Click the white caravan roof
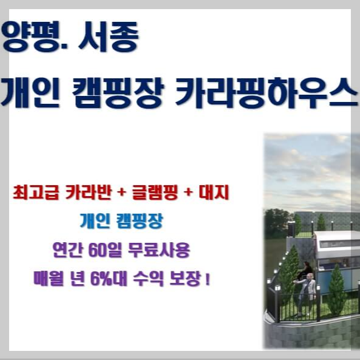point(337,239)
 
